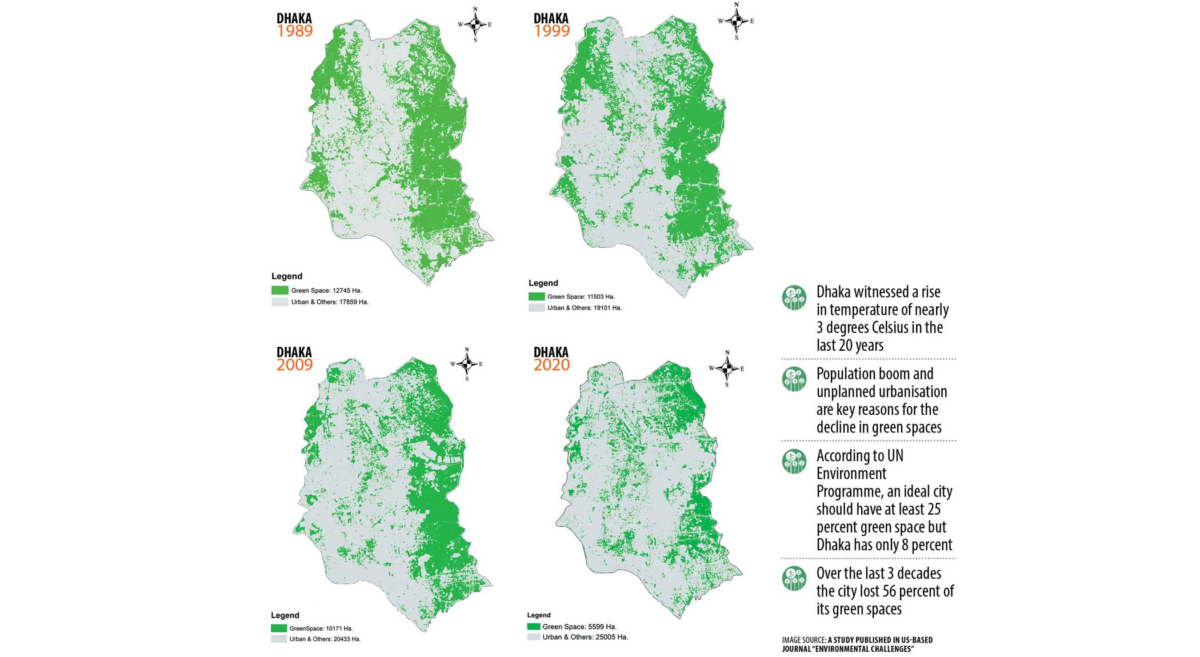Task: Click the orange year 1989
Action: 295,31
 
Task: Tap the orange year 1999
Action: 551,31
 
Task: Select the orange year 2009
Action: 295,365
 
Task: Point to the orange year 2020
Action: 551,365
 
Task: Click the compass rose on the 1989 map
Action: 475,25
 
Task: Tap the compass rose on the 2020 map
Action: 727,368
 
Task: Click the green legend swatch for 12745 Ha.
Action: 279,290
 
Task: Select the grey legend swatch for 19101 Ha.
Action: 536,307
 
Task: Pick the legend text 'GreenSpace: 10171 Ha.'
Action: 321,628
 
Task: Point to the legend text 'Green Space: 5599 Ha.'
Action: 579,627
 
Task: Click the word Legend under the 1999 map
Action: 543,283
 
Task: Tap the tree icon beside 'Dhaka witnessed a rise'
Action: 794,298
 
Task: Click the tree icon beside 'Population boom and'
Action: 794,379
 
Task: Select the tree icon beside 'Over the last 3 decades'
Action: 794,579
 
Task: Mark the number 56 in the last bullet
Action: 889,591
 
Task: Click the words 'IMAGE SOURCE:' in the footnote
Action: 803,640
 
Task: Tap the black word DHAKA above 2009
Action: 294,352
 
